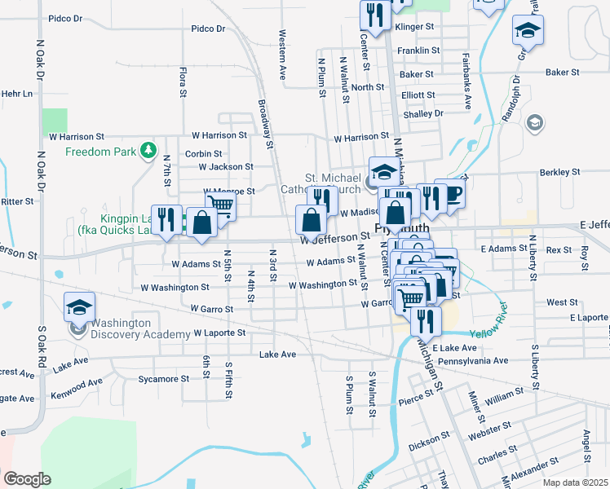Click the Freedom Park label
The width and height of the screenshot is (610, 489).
click(101, 152)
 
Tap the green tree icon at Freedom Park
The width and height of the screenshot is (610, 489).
click(148, 151)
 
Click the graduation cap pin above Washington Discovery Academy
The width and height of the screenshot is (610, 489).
click(79, 306)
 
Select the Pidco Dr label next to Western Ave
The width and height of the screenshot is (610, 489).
click(208, 29)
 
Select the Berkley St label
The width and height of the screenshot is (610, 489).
click(559, 173)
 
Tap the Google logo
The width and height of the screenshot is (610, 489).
click(27, 478)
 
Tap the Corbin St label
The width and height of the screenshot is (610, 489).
click(204, 153)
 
